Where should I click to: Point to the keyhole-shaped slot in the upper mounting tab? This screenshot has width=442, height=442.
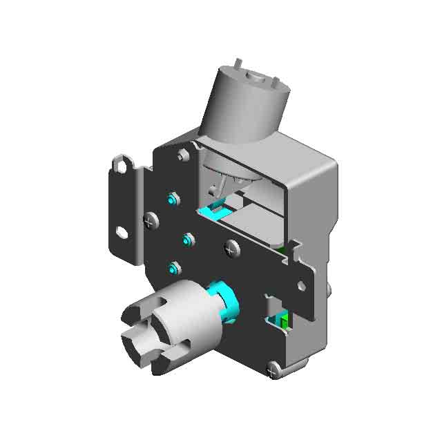[124, 165]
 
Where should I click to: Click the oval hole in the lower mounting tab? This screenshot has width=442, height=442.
[122, 233]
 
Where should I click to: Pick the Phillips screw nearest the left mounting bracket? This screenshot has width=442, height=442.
[150, 221]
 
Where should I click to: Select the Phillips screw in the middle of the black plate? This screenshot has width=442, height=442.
[231, 247]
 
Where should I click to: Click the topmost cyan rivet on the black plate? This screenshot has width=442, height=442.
[173, 200]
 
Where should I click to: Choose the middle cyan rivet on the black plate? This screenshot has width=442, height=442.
[187, 240]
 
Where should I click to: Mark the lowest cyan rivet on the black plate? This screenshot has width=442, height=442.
[174, 267]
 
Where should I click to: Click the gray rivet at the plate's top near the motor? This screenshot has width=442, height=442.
[183, 155]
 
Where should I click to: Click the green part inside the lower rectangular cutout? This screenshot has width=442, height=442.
[282, 320]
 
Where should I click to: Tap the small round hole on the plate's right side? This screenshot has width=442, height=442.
[301, 285]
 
